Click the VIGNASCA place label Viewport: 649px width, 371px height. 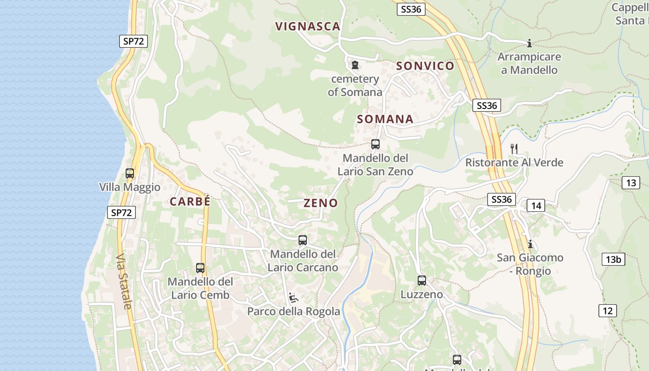(308, 26)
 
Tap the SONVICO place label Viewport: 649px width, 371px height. (425, 66)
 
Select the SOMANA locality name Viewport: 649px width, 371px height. (385, 119)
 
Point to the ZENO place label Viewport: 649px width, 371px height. (321, 203)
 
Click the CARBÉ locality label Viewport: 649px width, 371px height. (190, 202)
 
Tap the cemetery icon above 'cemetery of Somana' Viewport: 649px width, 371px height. (355, 65)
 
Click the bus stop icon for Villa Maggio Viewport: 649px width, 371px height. (130, 173)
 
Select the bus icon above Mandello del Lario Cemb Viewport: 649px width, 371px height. (200, 268)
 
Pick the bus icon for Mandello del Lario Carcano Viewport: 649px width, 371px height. (303, 240)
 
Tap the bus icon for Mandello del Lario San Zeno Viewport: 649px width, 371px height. (375, 144)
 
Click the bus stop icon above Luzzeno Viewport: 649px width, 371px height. (422, 281)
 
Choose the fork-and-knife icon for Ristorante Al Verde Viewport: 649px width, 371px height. (514, 148)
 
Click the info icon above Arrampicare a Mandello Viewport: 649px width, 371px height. (529, 44)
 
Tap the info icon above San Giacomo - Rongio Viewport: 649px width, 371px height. (530, 244)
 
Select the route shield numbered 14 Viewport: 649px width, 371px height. (536, 205)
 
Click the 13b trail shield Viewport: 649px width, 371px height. (613, 259)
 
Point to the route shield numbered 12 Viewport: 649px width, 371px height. (608, 310)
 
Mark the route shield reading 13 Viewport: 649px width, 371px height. (631, 183)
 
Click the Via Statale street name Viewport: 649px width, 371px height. (124, 281)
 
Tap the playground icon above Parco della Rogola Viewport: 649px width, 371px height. (293, 297)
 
